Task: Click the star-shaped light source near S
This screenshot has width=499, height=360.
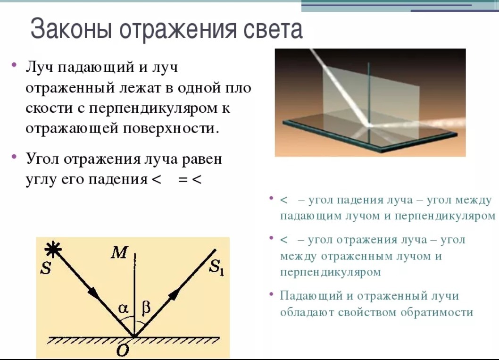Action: click(x=52, y=249)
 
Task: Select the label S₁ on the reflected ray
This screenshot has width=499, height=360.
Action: click(x=216, y=267)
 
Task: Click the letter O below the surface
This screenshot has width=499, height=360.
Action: click(x=123, y=351)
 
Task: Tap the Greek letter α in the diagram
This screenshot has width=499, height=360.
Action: click(x=123, y=308)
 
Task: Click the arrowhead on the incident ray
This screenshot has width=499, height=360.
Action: click(x=93, y=292)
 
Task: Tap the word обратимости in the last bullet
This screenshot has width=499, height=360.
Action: click(x=437, y=312)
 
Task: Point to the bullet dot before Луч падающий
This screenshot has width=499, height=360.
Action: click(x=14, y=65)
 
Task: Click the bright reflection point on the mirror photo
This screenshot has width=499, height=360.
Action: click(x=369, y=126)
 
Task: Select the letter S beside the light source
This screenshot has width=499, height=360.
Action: click(x=46, y=268)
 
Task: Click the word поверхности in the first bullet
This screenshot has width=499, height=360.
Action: click(x=171, y=129)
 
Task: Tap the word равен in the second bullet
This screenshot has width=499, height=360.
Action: click(x=202, y=159)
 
